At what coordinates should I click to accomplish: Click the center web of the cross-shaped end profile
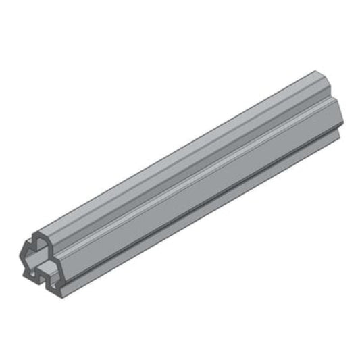tap(42, 257)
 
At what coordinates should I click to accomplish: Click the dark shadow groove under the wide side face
tap(203, 196)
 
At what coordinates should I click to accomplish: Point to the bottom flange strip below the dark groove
tap(203, 206)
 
